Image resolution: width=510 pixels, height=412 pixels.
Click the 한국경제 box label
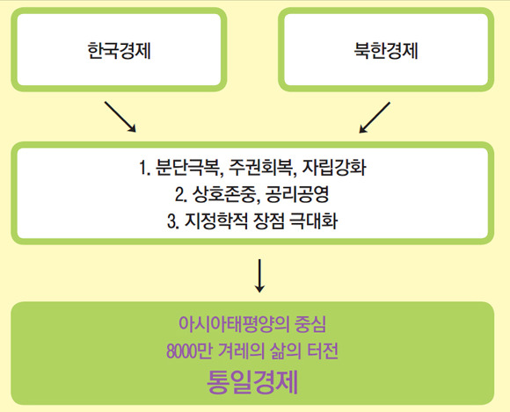pos(120,51)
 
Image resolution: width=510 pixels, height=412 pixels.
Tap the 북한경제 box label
pos(386,51)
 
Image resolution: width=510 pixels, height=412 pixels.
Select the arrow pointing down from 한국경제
pos(120,117)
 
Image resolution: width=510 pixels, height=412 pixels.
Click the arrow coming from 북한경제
pos(375,118)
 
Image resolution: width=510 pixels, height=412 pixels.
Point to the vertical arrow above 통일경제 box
pos(259,276)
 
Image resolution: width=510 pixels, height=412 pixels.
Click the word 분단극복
pos(189,168)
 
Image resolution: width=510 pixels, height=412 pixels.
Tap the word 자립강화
pos(334,168)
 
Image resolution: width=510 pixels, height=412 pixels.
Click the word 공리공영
pos(297,195)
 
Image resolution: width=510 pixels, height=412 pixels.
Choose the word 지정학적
pos(216,221)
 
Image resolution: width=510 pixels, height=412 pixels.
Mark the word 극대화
pos(313,221)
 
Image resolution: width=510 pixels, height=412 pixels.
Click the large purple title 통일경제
pos(252,382)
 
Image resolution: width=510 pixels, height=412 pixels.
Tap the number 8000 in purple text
pos(181,351)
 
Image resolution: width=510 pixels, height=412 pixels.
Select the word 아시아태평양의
pos(234,324)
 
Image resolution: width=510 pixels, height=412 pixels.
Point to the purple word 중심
pos(310,324)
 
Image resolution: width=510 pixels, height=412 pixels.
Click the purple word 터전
pos(323,351)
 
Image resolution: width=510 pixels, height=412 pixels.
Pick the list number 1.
pos(144,169)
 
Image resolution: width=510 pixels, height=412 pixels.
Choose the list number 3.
pos(172,222)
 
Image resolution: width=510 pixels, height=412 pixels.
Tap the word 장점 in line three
pos(269,221)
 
